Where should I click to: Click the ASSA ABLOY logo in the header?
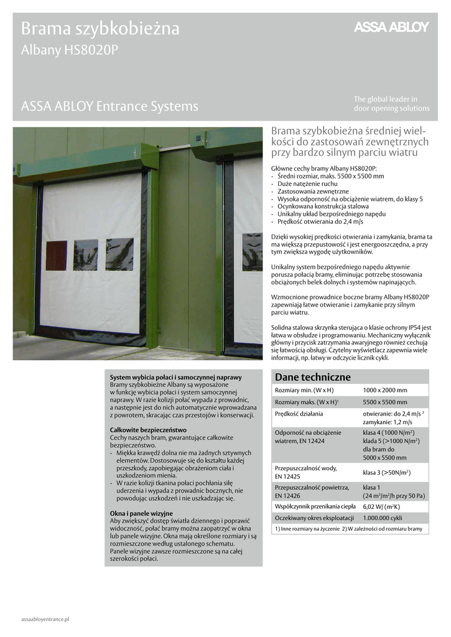391,27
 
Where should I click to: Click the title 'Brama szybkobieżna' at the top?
100,29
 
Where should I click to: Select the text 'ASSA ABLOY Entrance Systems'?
109,106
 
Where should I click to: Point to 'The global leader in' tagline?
386,99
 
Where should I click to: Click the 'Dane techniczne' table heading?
313,377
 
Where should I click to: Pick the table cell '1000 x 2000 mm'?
385,390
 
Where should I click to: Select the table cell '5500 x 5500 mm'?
385,402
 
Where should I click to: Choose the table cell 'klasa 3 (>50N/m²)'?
386,473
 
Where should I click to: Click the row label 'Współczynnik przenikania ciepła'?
315,506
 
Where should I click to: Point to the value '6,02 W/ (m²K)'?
381,506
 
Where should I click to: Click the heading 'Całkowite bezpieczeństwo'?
148,430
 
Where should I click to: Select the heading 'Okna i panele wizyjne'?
141,513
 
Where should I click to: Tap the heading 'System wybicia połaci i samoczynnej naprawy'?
175,378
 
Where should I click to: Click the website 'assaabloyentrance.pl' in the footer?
45,620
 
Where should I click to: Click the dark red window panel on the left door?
56,255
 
